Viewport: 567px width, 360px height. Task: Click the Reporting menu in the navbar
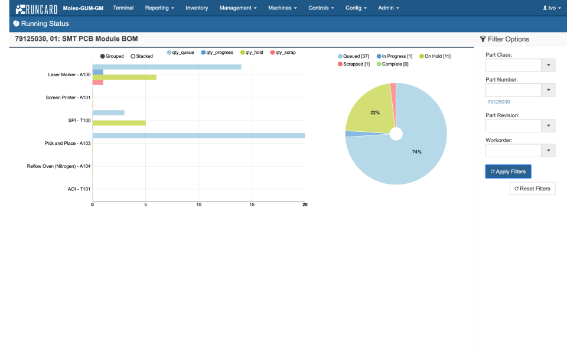160,8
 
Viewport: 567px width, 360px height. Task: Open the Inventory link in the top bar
197,8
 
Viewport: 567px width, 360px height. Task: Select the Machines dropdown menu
282,8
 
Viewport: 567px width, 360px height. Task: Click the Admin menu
389,8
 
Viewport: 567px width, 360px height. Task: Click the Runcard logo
37,9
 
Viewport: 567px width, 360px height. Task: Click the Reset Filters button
532,189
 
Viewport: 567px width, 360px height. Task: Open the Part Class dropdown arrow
549,65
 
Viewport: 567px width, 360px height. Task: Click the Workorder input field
513,151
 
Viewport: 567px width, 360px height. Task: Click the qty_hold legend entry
252,53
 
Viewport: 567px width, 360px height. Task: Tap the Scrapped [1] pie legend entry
354,64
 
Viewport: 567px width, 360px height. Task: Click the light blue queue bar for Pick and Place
198,135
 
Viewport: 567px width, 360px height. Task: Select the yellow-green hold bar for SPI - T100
119,123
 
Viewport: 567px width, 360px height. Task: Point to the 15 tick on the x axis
252,205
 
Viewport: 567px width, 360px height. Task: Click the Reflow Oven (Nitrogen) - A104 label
58,166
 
